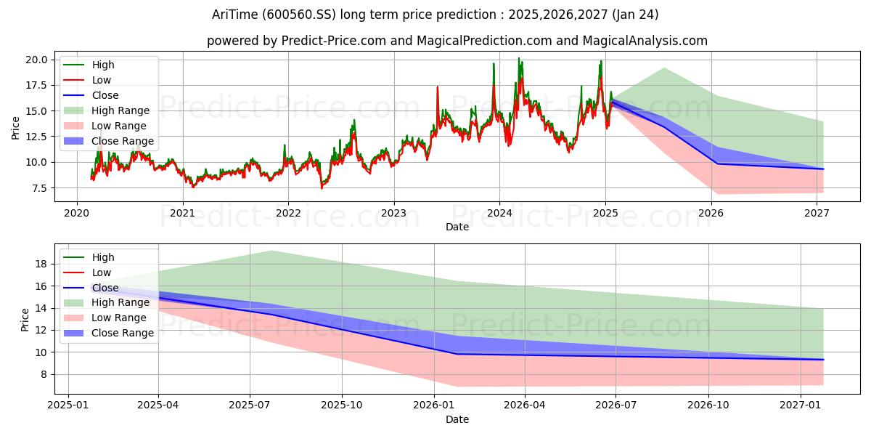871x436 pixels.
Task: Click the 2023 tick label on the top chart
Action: click(x=394, y=214)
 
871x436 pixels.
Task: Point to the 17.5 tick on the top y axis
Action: click(x=36, y=85)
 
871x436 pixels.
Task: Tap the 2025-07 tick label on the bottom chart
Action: click(x=250, y=405)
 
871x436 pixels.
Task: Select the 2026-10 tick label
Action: click(x=708, y=405)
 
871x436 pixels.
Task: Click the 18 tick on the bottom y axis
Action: click(x=41, y=264)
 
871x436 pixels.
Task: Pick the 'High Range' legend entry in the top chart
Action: click(x=107, y=110)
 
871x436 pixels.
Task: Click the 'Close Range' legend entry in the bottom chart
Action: click(x=108, y=334)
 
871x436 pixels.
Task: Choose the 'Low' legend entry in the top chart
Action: click(x=87, y=80)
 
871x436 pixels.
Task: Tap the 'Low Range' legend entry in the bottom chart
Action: click(x=105, y=318)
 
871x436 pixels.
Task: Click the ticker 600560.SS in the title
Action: click(x=298, y=15)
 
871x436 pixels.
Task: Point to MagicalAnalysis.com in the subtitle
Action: click(x=645, y=41)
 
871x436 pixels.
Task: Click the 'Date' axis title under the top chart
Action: click(x=457, y=227)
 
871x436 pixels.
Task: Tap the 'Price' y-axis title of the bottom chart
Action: click(x=25, y=320)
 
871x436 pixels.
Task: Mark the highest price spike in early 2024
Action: click(x=518, y=58)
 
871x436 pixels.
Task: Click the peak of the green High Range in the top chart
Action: click(x=663, y=68)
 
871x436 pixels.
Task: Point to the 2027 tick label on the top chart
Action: click(x=817, y=214)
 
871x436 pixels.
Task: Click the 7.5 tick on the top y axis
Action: click(x=39, y=188)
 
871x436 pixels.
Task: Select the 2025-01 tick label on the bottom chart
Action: click(x=68, y=405)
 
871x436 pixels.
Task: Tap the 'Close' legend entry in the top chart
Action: click(x=91, y=95)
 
